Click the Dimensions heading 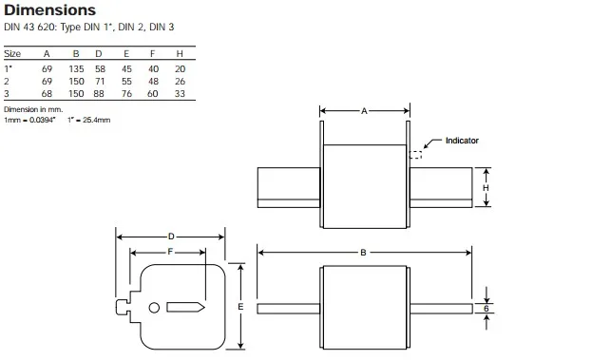point(49,10)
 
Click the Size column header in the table point(12,54)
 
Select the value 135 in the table point(77,68)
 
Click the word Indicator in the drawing point(463,141)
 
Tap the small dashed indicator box point(415,154)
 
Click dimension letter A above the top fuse point(364,111)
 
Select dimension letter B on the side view point(364,252)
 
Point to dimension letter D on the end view point(170,236)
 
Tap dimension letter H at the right point(486,188)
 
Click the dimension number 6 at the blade point(486,308)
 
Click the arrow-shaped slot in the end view point(185,308)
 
